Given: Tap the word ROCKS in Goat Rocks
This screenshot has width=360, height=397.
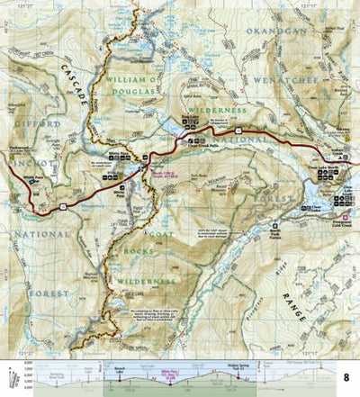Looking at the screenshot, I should pos(140,249).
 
